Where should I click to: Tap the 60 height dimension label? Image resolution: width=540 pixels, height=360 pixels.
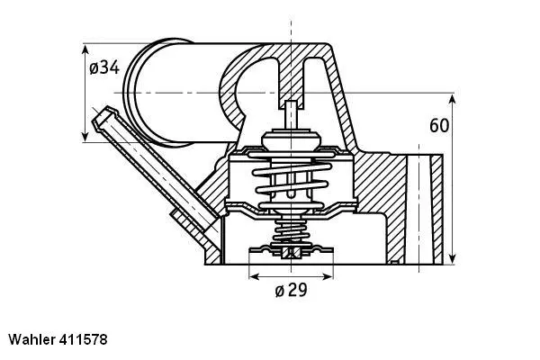[x=439, y=125]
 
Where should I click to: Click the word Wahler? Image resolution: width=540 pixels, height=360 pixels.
[x=33, y=341]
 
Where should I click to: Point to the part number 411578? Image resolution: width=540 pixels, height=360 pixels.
[x=89, y=341]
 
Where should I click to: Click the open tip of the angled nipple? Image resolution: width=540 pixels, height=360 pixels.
[x=104, y=116]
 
